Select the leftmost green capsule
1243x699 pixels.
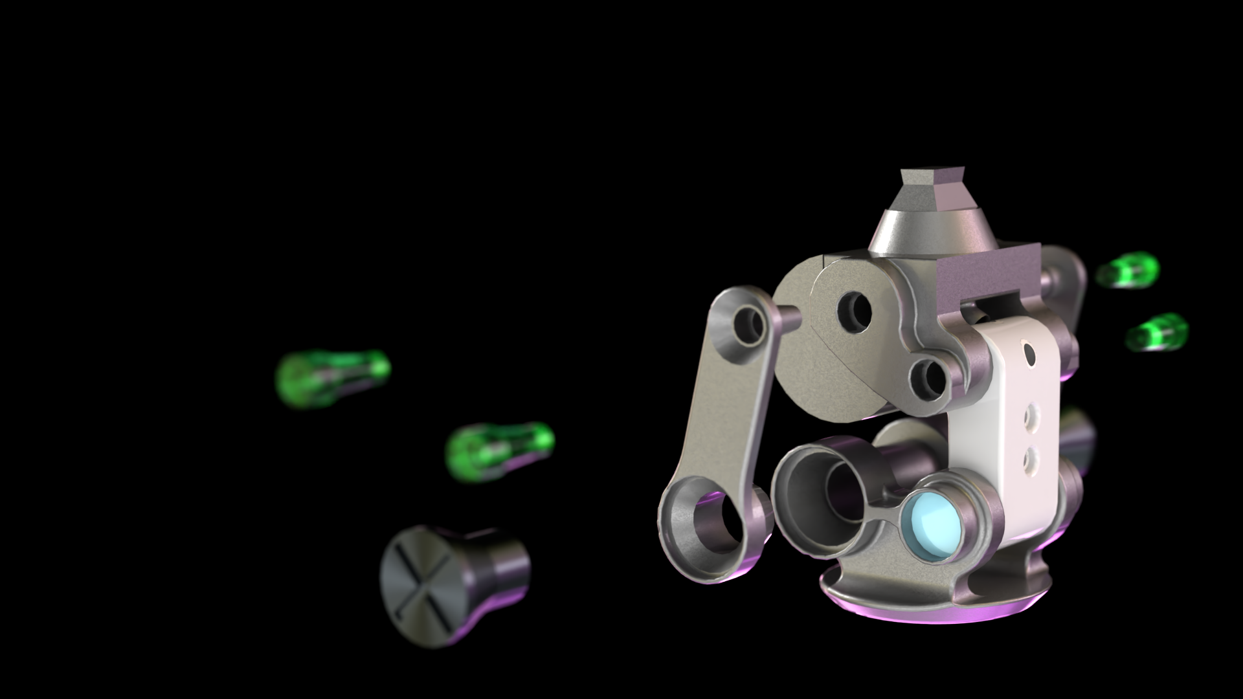pos(332,377)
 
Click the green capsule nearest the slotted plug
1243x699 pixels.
pos(500,451)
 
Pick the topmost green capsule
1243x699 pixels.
pos(1128,270)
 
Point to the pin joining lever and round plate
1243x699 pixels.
pos(786,315)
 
